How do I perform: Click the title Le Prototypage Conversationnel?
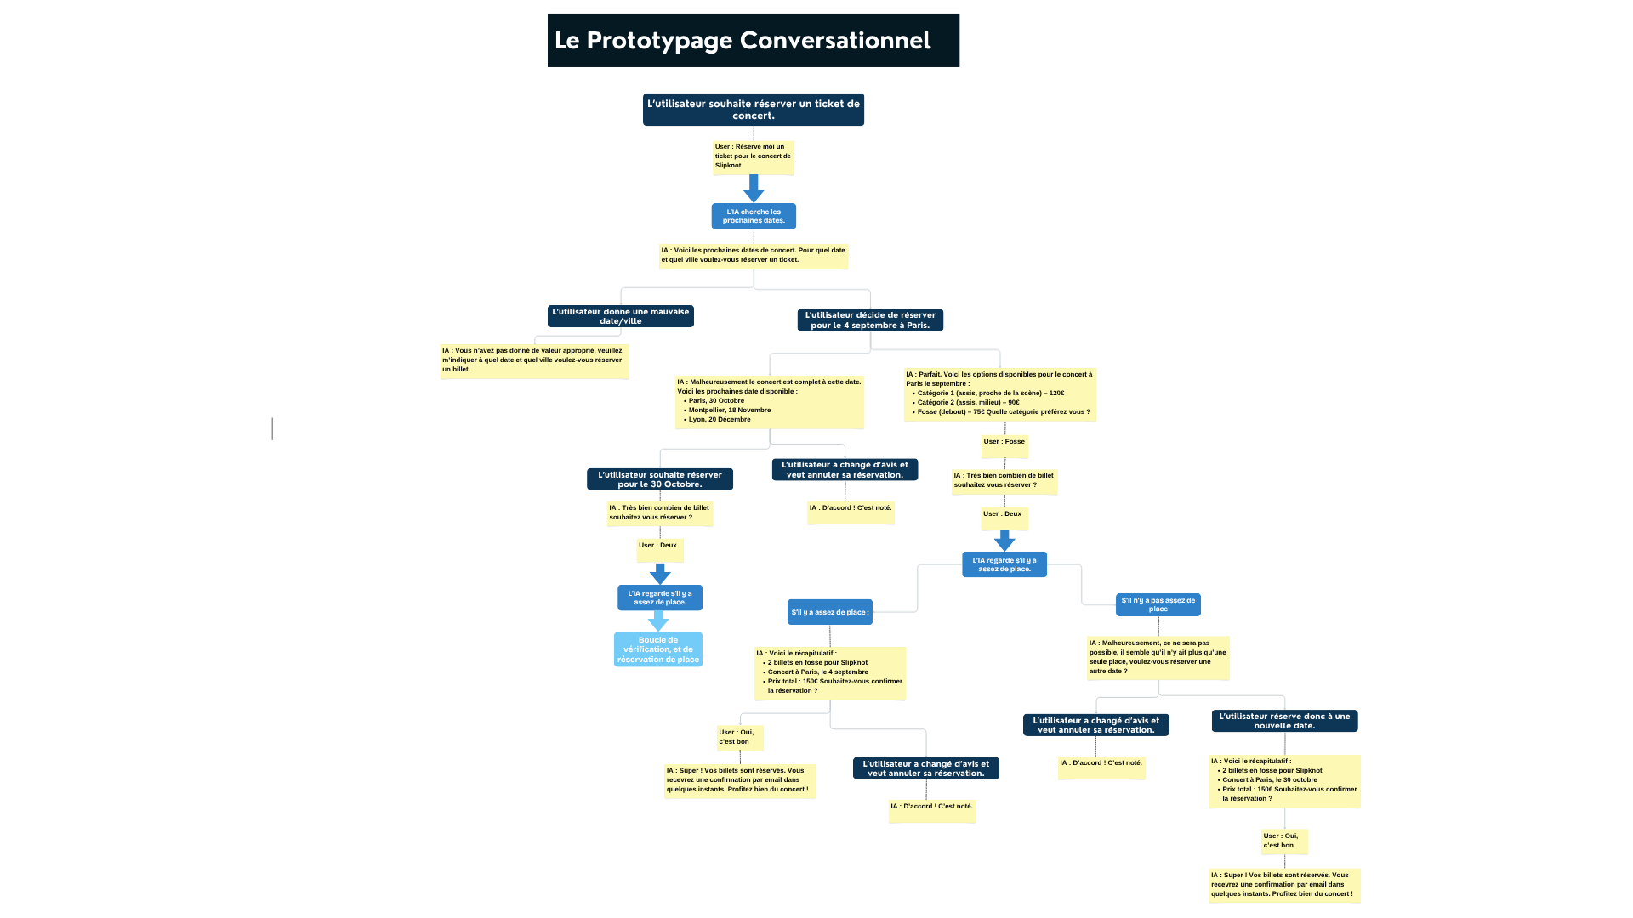[x=743, y=41]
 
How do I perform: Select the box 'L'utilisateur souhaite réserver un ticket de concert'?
[x=753, y=110]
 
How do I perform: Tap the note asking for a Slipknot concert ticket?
[x=753, y=157]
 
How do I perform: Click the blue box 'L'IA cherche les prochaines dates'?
[x=754, y=216]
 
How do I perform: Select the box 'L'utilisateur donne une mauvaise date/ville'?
[x=621, y=316]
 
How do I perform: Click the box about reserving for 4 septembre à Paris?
[x=870, y=320]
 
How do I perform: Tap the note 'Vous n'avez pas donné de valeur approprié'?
[x=534, y=360]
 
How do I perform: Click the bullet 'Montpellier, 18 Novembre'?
[x=729, y=411]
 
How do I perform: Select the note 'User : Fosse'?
[x=1004, y=443]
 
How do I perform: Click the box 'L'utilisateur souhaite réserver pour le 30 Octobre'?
[x=660, y=479]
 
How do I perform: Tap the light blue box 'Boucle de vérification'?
[x=658, y=650]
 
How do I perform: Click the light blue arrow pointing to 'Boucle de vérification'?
[x=658, y=621]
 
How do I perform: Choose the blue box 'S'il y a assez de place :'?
[x=829, y=612]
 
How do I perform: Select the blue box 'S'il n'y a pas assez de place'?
[x=1158, y=604]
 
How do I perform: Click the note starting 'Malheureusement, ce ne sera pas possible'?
[x=1158, y=658]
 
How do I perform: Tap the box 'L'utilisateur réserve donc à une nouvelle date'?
[x=1284, y=721]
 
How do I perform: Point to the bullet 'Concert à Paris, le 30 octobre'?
[x=1269, y=780]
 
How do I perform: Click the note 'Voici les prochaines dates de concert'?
[x=754, y=256]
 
